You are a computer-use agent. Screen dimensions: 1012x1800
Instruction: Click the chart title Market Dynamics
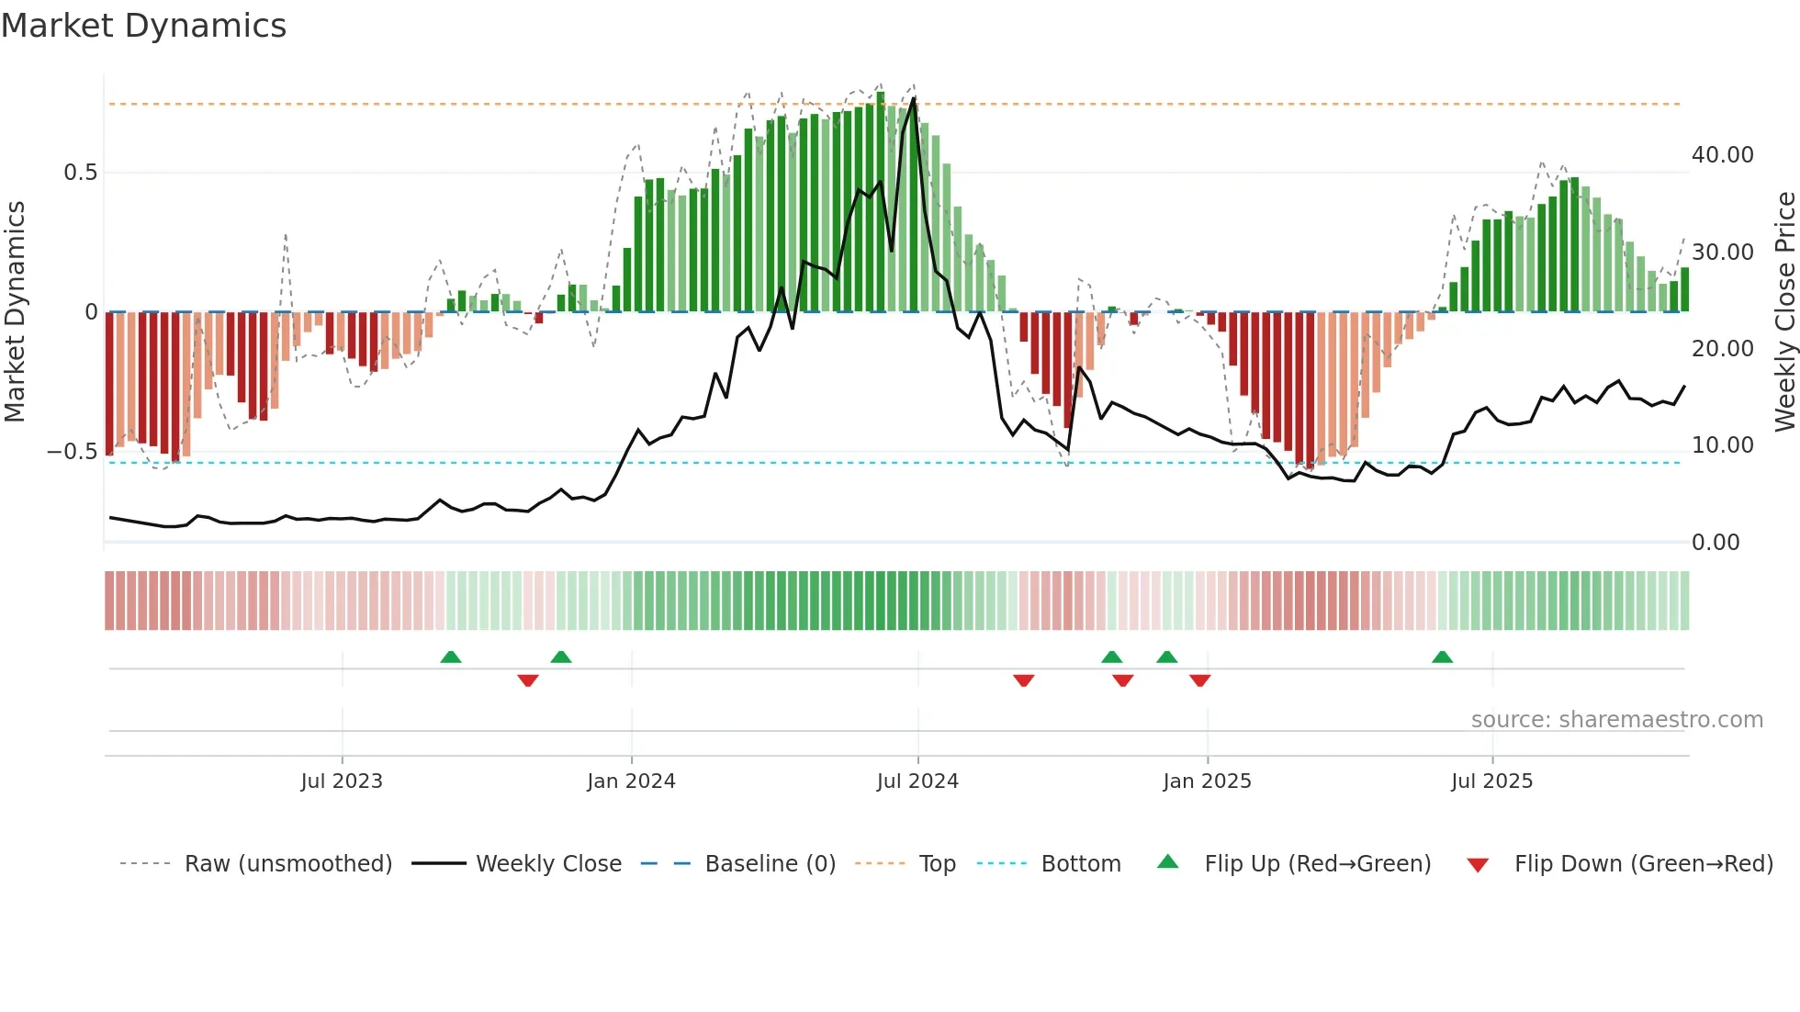pos(143,26)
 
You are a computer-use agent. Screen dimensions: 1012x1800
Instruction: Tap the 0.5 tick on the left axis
pos(80,173)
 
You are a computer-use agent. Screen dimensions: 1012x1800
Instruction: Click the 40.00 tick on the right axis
pos(1722,155)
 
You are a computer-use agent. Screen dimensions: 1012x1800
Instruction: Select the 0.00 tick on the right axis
pos(1715,543)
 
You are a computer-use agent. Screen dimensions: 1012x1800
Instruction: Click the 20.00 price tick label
pos(1722,349)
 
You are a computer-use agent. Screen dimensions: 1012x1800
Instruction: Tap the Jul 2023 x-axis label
pos(342,781)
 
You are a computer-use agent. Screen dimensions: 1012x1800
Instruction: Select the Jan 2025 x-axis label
pos(1207,781)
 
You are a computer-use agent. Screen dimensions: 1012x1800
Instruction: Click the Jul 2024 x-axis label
pos(917,781)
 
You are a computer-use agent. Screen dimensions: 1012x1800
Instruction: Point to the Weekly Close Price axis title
pos(1784,312)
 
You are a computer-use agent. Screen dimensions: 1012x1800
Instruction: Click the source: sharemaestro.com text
pos(1616,720)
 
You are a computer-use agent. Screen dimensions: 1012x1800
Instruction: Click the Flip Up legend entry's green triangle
pos(1167,861)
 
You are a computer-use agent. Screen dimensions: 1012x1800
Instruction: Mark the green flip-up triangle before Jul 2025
pos(1442,658)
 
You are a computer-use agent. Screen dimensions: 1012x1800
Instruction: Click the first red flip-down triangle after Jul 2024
pos(1024,680)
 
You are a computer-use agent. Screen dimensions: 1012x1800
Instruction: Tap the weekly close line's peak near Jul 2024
pos(914,98)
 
